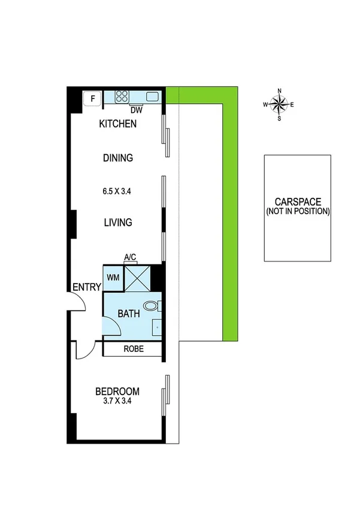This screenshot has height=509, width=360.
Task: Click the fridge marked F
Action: [x=92, y=97]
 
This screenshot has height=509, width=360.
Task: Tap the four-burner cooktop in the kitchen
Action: [x=122, y=97]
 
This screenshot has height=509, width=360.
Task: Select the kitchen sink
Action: [x=152, y=96]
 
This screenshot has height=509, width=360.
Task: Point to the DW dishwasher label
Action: [x=135, y=110]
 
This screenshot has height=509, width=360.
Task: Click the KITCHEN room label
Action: [x=118, y=124]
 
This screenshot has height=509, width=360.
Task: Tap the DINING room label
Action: [x=117, y=158]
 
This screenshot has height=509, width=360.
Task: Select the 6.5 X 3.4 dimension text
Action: [x=117, y=192]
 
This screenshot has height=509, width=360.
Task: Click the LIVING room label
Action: [x=117, y=222]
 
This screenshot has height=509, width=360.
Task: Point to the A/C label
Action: [x=130, y=257]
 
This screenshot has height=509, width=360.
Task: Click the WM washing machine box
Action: [x=113, y=278]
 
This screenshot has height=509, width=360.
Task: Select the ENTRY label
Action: [x=86, y=287]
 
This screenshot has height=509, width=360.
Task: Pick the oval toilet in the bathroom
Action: [x=153, y=306]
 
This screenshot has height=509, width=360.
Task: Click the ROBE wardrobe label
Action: [x=132, y=349]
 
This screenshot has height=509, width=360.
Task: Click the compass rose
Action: [x=279, y=104]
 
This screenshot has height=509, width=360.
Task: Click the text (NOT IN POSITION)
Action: [x=298, y=211]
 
